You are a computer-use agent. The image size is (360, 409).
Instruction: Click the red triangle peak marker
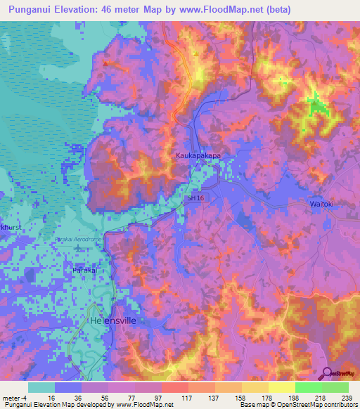coord(105,63)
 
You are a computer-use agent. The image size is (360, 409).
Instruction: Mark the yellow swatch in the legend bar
coord(281,387)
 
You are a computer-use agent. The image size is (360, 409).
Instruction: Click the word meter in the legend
coord(12,397)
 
